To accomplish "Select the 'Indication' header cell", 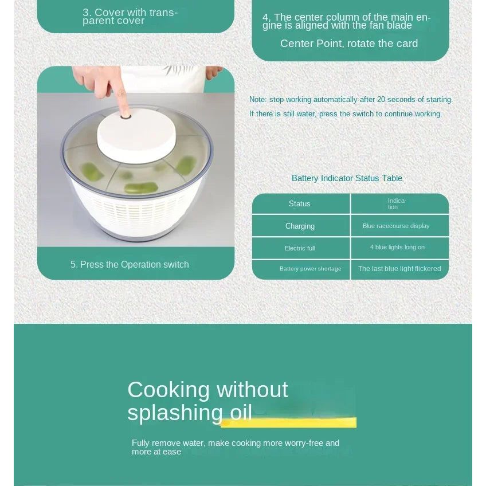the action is (x=400, y=203).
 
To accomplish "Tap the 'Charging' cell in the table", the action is (x=301, y=226).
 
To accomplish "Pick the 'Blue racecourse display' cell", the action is (x=400, y=226).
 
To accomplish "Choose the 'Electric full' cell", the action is (x=301, y=248).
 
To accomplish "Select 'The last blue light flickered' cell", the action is (x=400, y=269).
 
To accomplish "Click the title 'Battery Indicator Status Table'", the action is (x=347, y=178).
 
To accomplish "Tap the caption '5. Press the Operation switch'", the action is (x=130, y=264).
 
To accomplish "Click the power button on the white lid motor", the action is (x=126, y=116).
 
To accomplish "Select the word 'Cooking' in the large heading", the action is (x=168, y=390).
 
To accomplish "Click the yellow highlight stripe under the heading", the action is (x=288, y=422).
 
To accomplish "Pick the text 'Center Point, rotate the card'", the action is (x=349, y=44).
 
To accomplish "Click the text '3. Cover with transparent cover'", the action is (x=130, y=17).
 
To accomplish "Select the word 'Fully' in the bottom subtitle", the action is (x=140, y=444).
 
